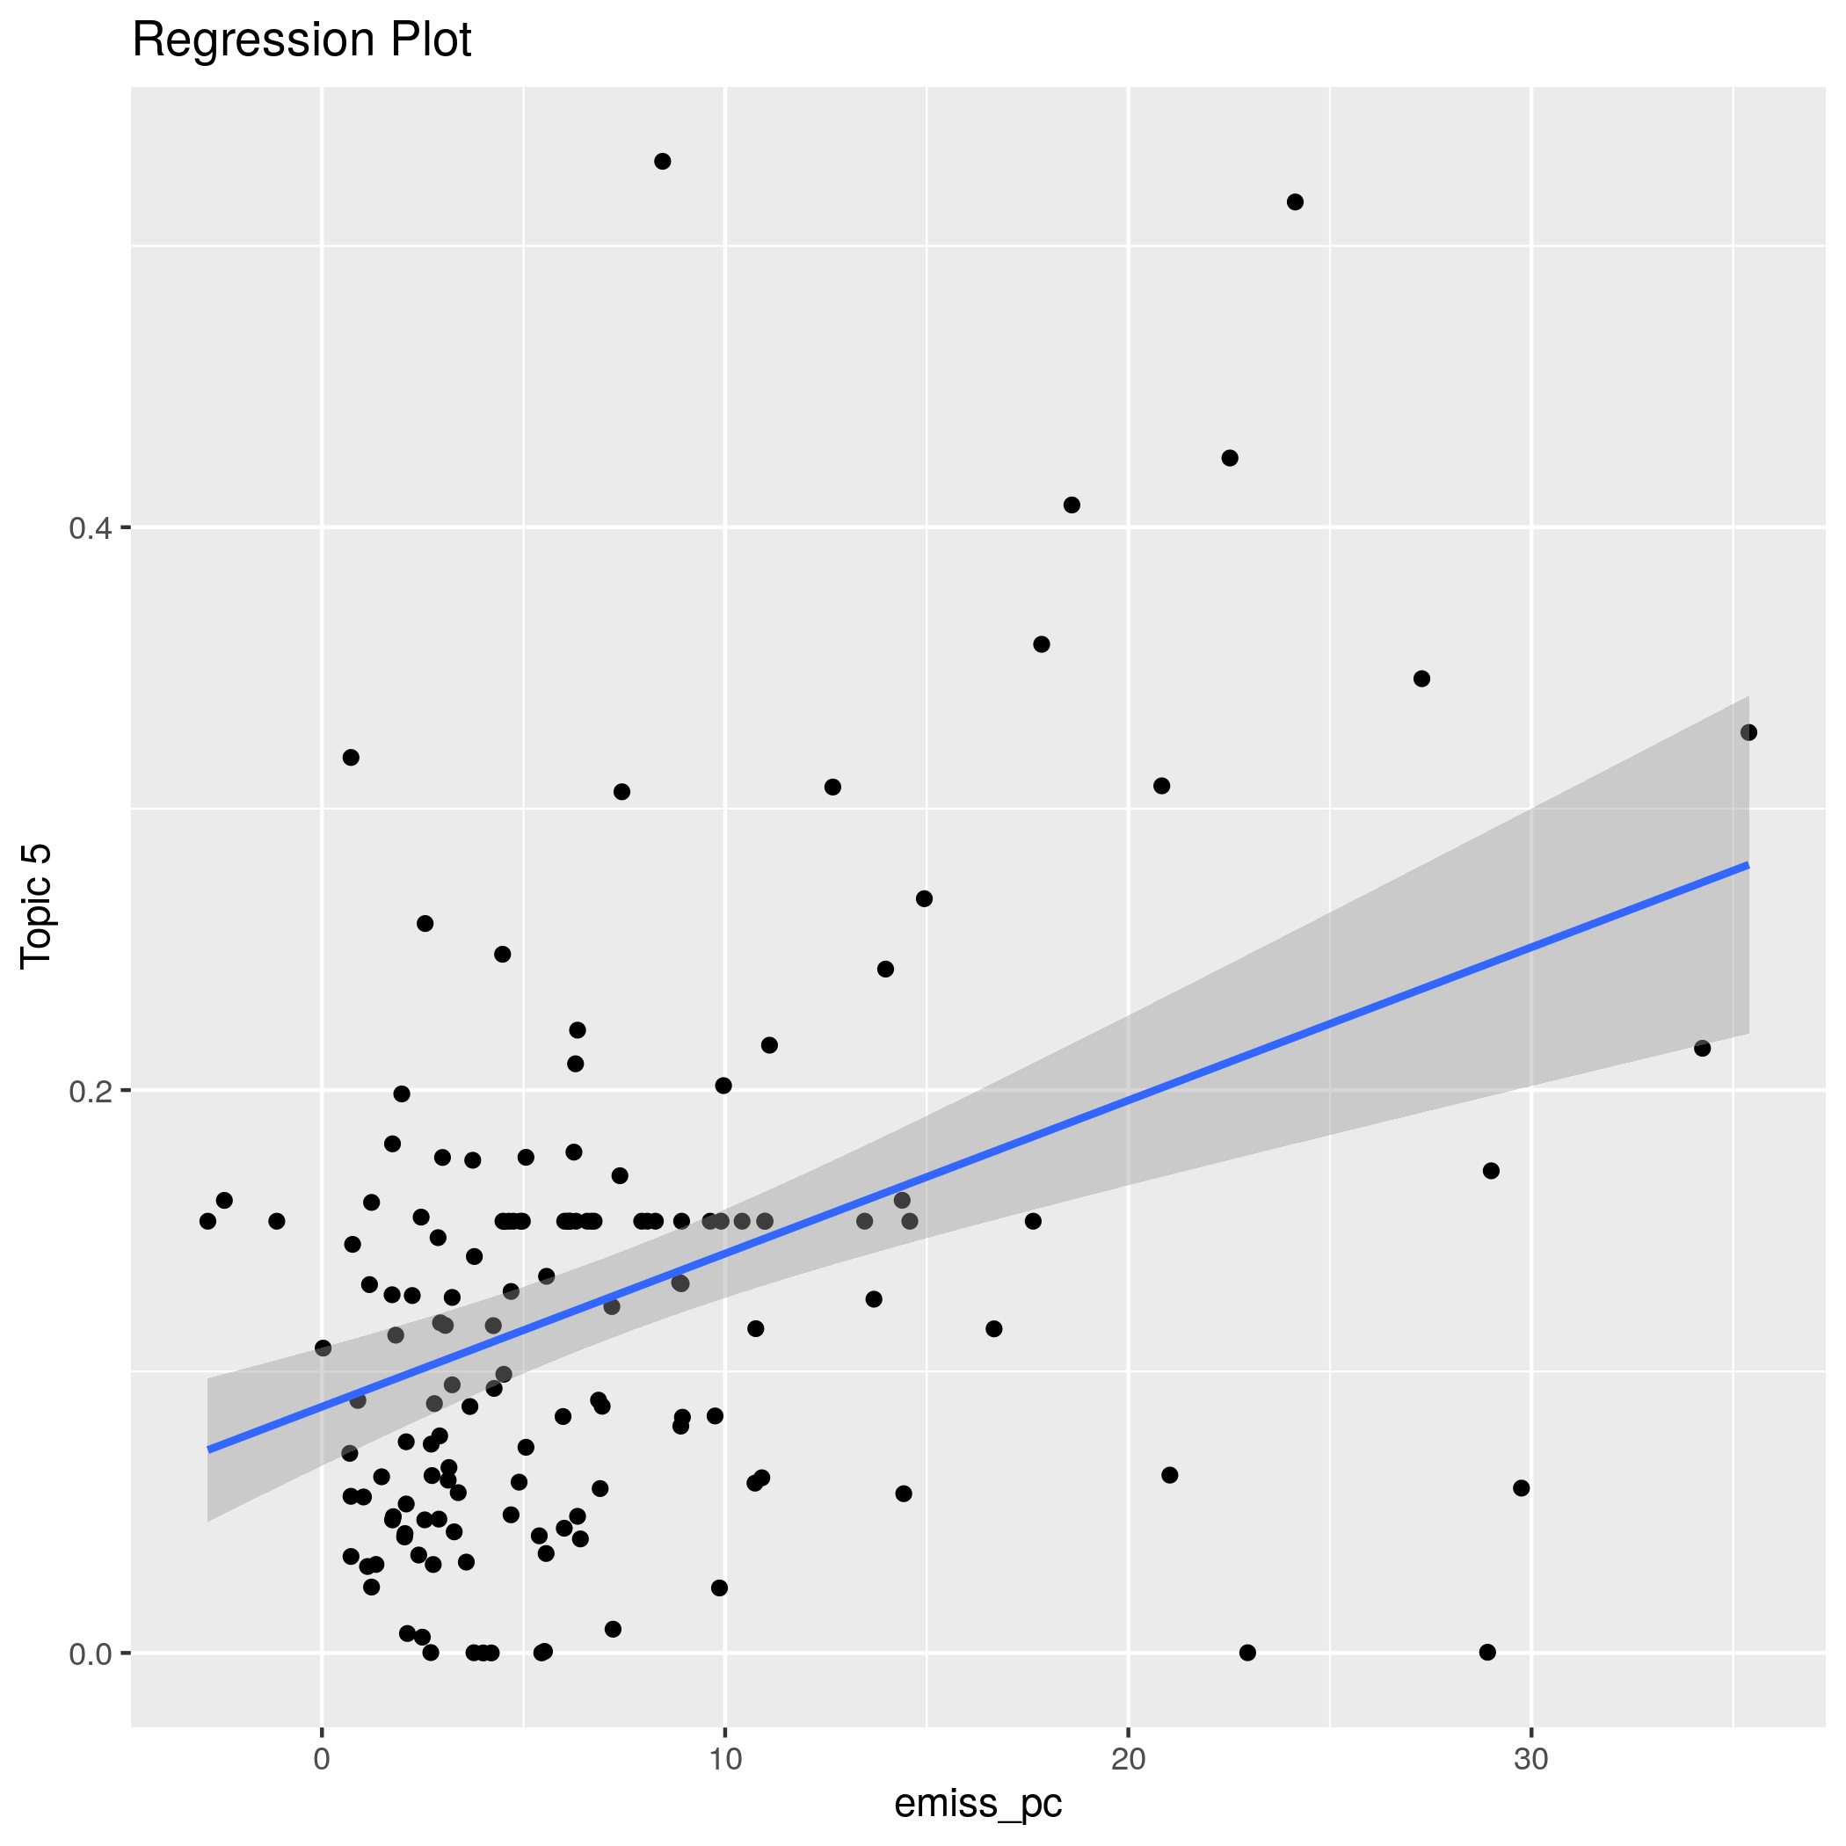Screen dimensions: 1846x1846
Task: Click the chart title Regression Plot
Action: click(x=301, y=41)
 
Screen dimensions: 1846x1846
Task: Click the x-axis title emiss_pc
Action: click(x=978, y=1802)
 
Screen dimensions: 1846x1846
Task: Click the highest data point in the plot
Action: click(x=662, y=162)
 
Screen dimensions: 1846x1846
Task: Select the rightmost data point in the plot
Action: click(x=1748, y=733)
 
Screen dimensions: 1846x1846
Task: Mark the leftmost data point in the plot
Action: click(x=207, y=1221)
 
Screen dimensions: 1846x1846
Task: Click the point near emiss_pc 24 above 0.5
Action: click(x=1295, y=201)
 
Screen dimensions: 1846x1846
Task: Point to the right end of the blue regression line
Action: click(x=1748, y=865)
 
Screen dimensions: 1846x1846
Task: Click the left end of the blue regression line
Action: click(x=209, y=1450)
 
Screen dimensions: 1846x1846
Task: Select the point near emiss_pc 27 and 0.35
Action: click(x=1421, y=679)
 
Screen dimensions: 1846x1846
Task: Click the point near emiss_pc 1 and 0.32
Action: click(x=351, y=758)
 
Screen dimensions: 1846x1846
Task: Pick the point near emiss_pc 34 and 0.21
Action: click(x=1702, y=1048)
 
